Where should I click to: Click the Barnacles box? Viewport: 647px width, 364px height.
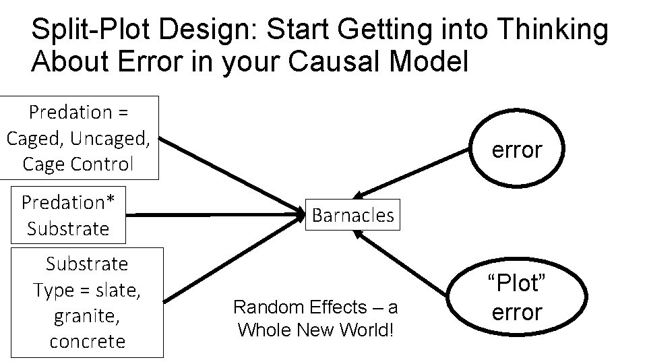tap(352, 215)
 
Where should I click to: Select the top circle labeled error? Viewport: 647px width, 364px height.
tap(516, 150)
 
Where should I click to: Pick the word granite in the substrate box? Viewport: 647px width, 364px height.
tap(87, 315)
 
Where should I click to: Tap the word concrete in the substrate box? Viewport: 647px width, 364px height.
tap(87, 341)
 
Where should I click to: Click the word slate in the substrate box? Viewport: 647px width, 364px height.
tap(120, 290)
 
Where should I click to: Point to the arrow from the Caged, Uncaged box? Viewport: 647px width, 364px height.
tap(229, 173)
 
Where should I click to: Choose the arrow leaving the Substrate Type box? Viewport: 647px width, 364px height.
tap(229, 262)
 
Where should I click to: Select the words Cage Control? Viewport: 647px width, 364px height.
tap(78, 164)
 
